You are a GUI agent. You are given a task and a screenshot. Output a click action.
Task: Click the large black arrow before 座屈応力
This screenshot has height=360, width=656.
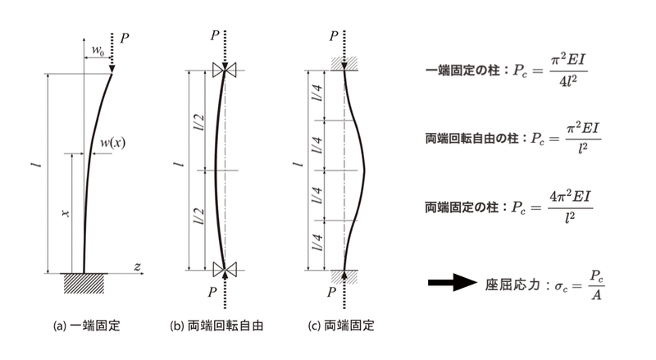click(x=453, y=284)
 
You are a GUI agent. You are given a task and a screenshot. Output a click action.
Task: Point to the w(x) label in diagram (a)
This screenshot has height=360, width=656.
click(x=112, y=144)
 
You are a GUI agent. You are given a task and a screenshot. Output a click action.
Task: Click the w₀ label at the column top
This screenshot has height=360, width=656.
click(x=98, y=51)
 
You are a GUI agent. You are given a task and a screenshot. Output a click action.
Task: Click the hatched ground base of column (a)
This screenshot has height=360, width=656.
click(x=84, y=280)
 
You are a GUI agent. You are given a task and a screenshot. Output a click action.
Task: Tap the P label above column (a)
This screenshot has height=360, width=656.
click(x=124, y=38)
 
